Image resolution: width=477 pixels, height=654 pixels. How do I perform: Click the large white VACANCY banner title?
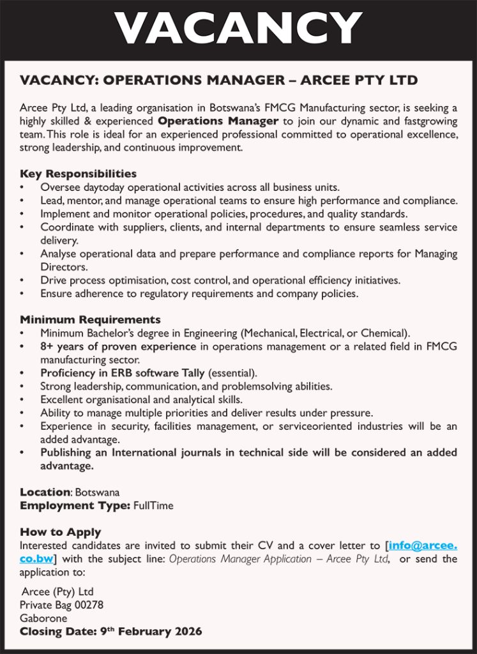(x=238, y=28)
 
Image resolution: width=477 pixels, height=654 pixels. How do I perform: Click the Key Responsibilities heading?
(x=78, y=174)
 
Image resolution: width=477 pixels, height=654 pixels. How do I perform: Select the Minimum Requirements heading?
(x=90, y=319)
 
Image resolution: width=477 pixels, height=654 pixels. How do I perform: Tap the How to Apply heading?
(x=60, y=532)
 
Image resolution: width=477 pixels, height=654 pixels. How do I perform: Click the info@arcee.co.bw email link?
(x=423, y=546)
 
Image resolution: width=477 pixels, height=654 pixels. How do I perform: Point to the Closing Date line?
(x=110, y=632)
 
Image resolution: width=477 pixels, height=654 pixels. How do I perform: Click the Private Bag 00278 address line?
(x=61, y=605)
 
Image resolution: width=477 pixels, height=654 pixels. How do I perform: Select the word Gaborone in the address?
(x=43, y=618)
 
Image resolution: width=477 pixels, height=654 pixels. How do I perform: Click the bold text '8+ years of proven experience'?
(x=118, y=347)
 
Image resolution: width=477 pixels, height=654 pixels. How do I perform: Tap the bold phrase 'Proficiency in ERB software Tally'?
(x=123, y=373)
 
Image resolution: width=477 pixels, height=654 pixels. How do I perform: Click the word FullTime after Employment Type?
(x=153, y=506)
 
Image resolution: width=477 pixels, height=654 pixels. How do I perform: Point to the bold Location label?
(x=45, y=492)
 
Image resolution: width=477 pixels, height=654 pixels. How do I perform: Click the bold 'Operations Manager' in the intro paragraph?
(x=218, y=121)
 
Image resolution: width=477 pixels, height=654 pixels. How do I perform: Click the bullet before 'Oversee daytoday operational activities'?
(x=22, y=188)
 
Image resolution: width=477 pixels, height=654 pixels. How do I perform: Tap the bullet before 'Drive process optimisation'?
(x=22, y=280)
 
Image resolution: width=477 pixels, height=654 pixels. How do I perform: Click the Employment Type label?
(x=75, y=506)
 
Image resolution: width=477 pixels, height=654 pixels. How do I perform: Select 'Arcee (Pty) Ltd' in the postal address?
(x=57, y=591)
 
